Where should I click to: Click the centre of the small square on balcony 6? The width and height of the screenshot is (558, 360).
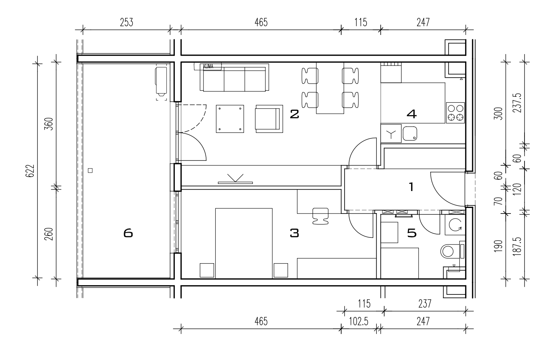(x=91, y=170)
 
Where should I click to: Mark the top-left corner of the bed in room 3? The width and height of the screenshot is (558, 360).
(x=215, y=208)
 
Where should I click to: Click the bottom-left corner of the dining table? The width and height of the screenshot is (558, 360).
(x=317, y=114)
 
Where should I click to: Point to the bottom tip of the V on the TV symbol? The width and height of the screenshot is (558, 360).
(x=236, y=181)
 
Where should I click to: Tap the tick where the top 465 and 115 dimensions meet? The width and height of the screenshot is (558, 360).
(x=341, y=30)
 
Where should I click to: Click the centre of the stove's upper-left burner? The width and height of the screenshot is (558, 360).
(x=451, y=108)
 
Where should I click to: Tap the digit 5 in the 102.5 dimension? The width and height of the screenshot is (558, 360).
(x=365, y=321)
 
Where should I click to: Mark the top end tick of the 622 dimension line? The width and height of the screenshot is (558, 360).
(x=38, y=64)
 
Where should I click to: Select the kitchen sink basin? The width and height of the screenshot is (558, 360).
(x=410, y=134)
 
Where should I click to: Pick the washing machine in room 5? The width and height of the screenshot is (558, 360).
(x=455, y=225)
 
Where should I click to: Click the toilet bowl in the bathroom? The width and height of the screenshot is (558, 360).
(x=450, y=251)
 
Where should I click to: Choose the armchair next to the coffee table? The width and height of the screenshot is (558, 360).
(x=269, y=119)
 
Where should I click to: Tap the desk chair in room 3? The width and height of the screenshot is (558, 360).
(x=320, y=216)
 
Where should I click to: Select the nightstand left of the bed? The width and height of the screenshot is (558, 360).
(x=207, y=270)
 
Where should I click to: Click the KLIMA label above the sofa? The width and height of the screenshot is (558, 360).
(x=208, y=67)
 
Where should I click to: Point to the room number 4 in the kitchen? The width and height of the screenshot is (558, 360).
(x=412, y=114)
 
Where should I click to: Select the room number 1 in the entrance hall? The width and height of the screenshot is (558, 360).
(x=411, y=187)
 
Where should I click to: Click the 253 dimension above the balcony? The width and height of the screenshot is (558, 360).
(x=127, y=22)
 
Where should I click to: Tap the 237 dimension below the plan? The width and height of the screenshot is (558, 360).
(x=425, y=304)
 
